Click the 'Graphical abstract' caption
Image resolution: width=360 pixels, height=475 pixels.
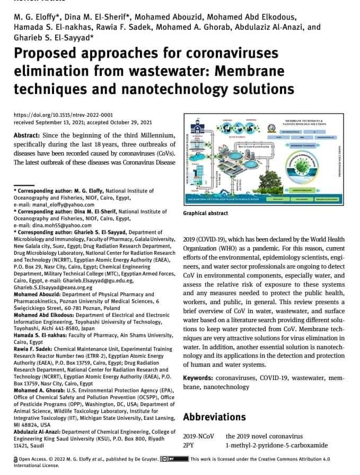pyautogui.click(x=206, y=213)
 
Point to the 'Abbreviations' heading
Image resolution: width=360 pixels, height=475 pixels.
pyautogui.click(x=214, y=417)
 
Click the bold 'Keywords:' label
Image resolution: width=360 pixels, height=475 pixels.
pyautogui.click(x=202, y=377)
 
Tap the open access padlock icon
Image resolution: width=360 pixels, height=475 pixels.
pyautogui.click(x=16, y=459)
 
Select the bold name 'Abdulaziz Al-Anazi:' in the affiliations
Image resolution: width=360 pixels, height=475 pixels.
pyautogui.click(x=39, y=431)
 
